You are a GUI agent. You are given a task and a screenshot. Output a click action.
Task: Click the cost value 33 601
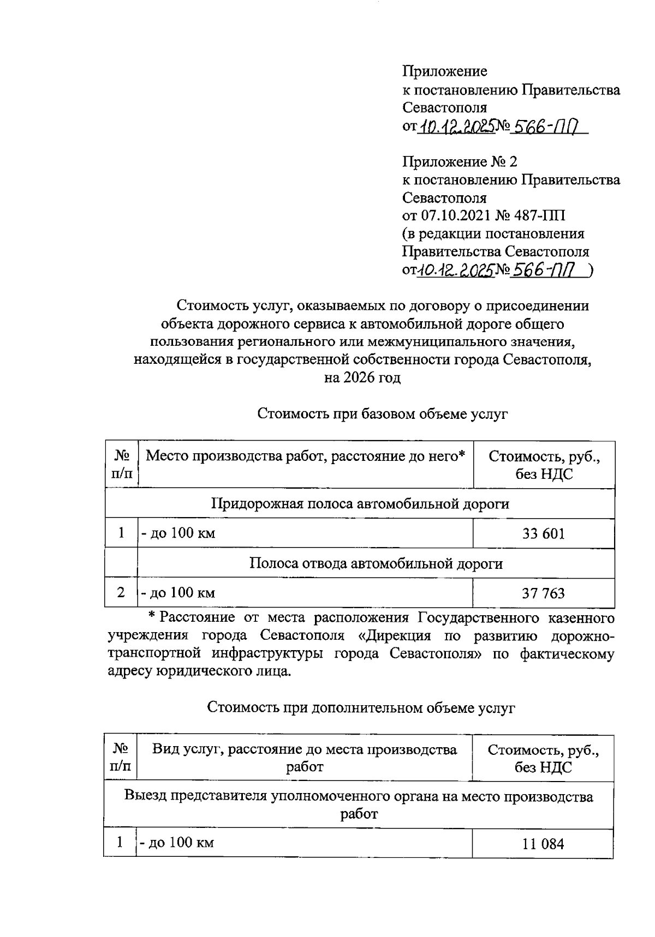543,533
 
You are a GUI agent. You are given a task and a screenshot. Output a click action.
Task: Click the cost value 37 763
543,593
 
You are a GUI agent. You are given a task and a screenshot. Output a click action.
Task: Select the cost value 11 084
543,845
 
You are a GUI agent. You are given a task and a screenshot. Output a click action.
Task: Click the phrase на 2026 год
362,377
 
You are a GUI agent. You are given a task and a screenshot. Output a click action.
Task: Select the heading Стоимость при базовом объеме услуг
382,414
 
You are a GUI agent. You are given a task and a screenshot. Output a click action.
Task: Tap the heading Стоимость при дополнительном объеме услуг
361,708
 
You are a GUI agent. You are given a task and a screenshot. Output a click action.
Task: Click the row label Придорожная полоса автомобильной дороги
360,503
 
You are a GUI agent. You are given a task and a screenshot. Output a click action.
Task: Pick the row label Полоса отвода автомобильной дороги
376,563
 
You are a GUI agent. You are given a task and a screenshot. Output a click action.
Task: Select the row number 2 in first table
121,592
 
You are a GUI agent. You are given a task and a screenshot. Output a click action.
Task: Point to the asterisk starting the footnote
153,617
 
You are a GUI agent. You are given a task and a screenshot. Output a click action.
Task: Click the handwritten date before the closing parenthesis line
455,270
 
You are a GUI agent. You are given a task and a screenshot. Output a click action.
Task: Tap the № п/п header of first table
121,464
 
